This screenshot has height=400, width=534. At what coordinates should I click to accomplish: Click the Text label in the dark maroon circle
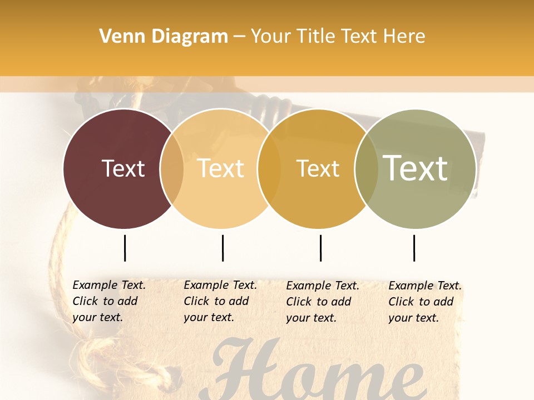123,168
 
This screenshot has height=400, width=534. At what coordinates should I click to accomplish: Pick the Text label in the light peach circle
221,168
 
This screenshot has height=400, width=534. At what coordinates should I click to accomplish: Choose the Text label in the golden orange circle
318,168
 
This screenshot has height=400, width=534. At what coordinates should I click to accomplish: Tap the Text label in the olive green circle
416,168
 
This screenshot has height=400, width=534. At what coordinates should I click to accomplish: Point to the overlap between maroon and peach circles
172,168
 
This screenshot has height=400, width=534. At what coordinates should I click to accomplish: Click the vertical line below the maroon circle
125,248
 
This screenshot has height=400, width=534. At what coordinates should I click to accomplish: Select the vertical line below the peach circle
222,248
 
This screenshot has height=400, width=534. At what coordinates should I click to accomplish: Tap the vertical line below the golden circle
320,248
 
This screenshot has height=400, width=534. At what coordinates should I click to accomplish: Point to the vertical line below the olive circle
414,248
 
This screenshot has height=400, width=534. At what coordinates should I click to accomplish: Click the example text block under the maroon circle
108,301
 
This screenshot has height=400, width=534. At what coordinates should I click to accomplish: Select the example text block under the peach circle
220,301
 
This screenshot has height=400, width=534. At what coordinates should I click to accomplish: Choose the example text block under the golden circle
322,302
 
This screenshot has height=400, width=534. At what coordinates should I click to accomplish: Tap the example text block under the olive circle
424,302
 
